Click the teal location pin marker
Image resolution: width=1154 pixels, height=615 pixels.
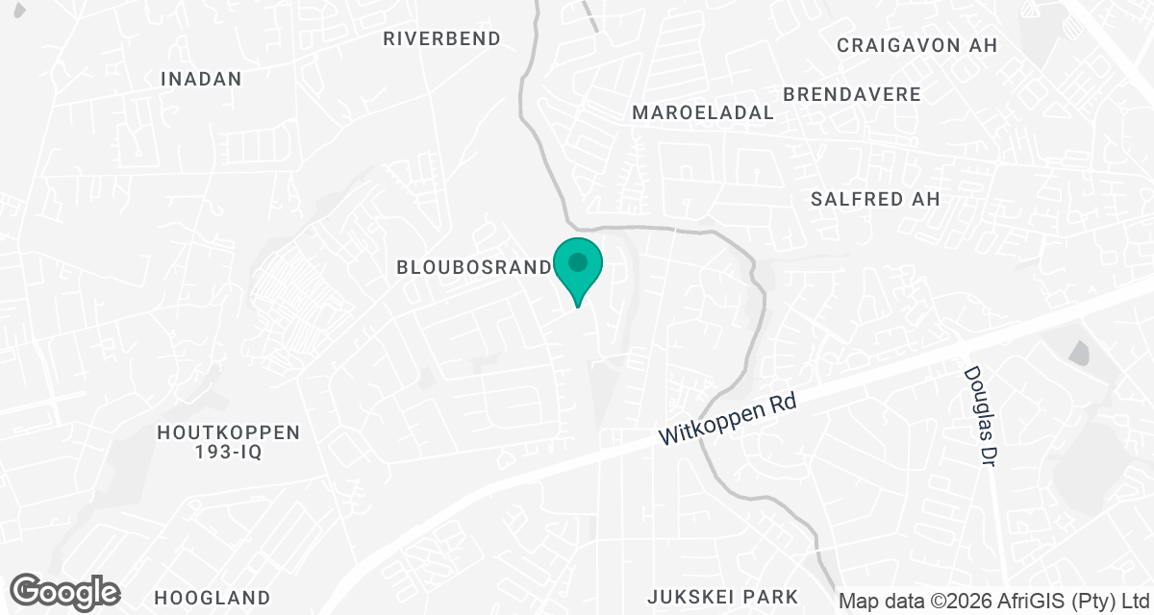tap(577, 269)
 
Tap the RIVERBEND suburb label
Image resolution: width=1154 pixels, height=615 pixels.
tap(441, 38)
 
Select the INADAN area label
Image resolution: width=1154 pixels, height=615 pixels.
tap(201, 79)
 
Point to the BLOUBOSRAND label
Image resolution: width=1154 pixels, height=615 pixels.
tap(472, 267)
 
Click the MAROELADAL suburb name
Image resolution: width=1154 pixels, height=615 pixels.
tap(703, 112)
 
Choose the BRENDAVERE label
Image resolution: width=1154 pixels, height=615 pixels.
tap(852, 94)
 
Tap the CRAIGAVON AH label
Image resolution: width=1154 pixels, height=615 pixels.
tap(916, 45)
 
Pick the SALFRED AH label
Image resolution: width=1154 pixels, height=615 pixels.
tap(875, 199)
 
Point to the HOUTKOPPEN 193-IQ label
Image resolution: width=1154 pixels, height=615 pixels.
tap(229, 442)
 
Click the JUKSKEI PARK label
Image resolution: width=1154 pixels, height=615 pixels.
tap(723, 597)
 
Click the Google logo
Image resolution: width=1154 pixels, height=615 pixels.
tap(64, 592)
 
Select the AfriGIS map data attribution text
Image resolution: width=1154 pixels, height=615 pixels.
tap(994, 602)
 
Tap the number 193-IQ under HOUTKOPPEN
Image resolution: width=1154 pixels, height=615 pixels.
tap(229, 452)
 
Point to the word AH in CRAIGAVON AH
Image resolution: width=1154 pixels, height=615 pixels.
tap(984, 45)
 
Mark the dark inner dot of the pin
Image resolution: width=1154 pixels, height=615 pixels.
tap(577, 261)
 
